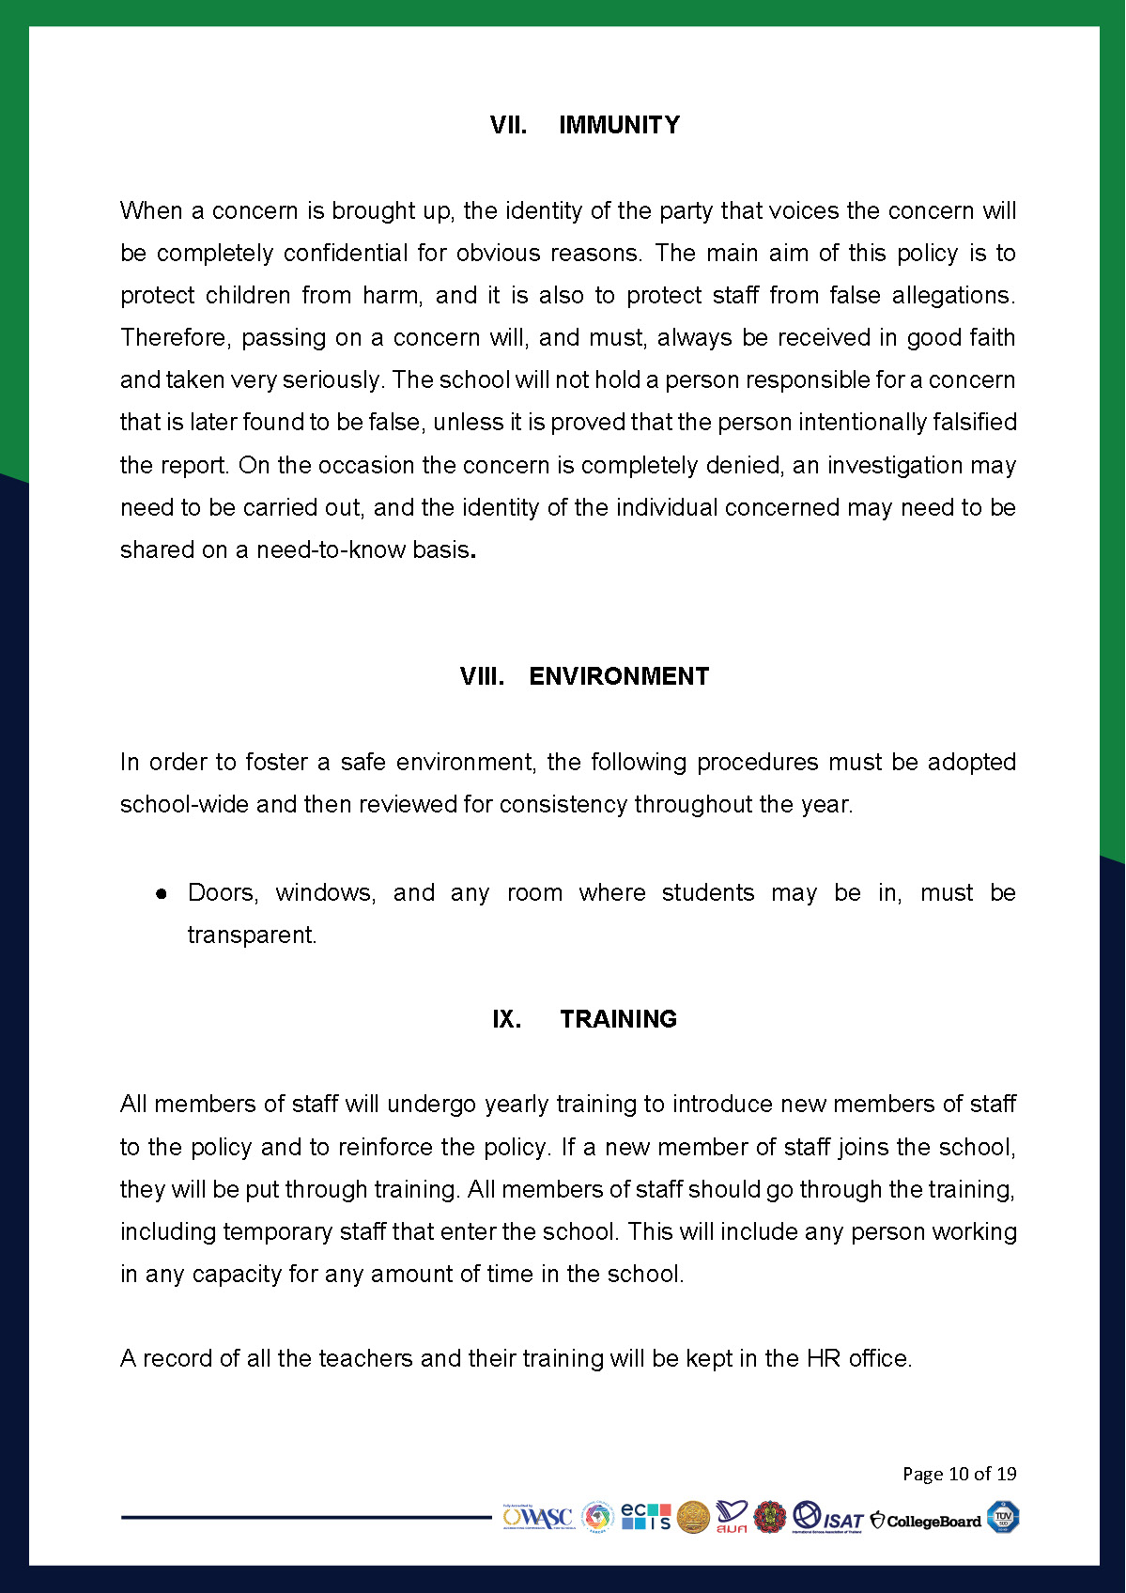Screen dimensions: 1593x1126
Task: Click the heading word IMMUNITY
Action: pyautogui.click(x=619, y=125)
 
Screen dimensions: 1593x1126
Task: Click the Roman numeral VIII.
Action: pyautogui.click(x=482, y=676)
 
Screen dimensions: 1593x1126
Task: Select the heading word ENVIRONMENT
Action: pyautogui.click(x=619, y=676)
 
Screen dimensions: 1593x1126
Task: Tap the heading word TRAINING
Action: pyautogui.click(x=618, y=1019)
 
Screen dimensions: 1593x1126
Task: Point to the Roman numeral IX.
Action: pyautogui.click(x=506, y=1019)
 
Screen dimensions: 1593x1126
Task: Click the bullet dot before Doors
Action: pyautogui.click(x=162, y=894)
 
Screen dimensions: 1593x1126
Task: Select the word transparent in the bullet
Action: pyautogui.click(x=252, y=936)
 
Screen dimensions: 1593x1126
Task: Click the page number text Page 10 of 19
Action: pyautogui.click(x=959, y=1474)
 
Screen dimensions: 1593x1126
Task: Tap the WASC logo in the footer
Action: pyautogui.click(x=538, y=1518)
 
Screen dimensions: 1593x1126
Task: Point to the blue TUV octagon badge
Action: pyautogui.click(x=1003, y=1517)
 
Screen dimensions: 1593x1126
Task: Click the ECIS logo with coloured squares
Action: pyautogui.click(x=646, y=1517)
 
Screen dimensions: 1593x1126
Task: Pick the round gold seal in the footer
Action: pyautogui.click(x=693, y=1518)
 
